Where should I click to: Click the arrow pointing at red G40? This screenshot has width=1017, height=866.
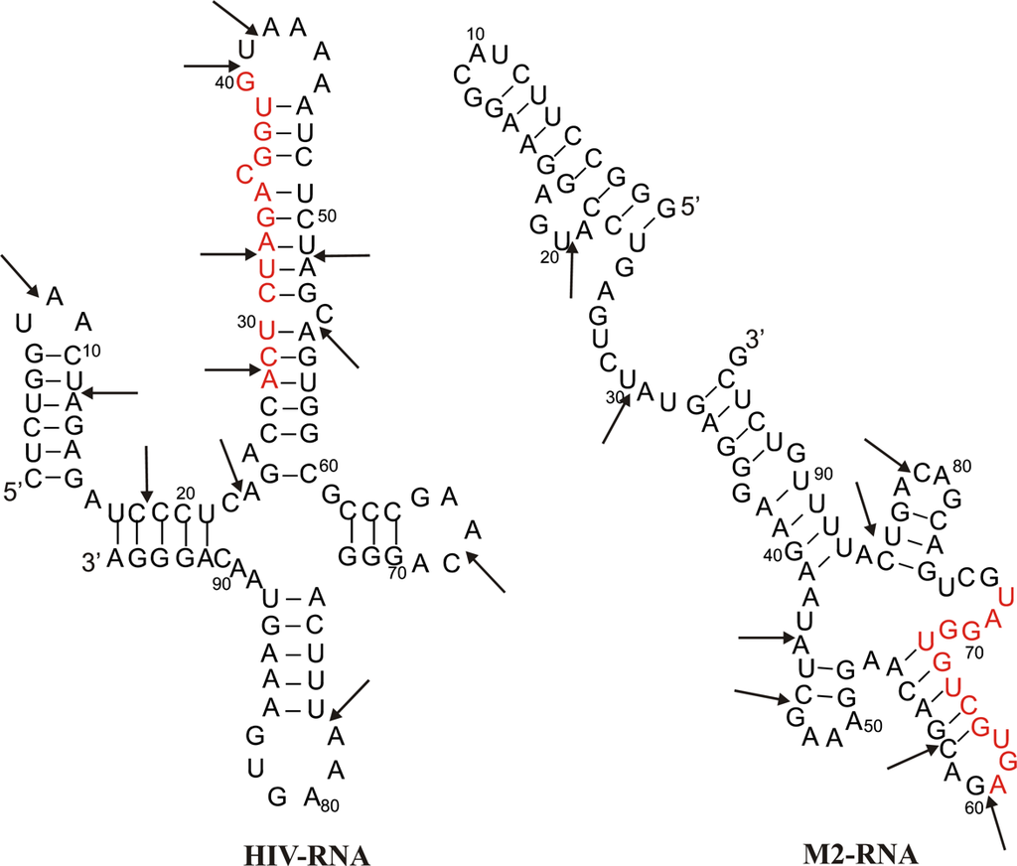coord(209,67)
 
